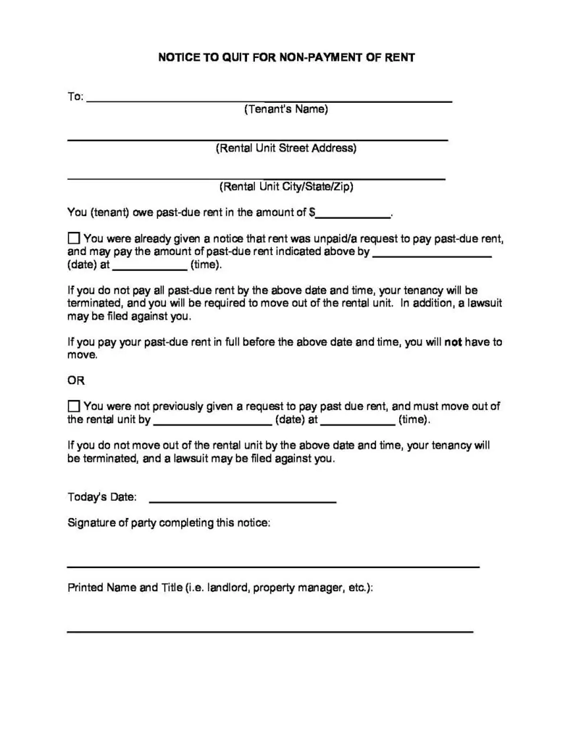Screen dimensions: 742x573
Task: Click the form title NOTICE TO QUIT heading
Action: coord(286,57)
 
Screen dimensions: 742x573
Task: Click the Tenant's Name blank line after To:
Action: coord(269,99)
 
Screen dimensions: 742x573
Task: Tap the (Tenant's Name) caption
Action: coord(285,109)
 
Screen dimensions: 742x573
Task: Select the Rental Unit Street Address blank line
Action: coord(257,138)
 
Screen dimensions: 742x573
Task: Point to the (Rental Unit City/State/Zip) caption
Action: coord(286,186)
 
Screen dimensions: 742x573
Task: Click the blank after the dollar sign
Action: coord(353,215)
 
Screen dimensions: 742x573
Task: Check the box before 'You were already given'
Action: coord(74,238)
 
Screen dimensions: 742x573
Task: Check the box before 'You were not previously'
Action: coord(74,407)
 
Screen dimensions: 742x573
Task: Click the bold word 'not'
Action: coord(453,342)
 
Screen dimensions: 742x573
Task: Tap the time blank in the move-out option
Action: coord(358,422)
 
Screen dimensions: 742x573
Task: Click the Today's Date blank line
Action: coord(242,500)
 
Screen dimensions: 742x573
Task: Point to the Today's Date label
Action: coord(101,497)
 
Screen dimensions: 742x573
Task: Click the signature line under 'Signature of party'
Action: coord(273,565)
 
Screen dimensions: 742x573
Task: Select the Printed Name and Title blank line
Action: coord(269,631)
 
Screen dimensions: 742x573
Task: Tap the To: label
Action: coord(75,96)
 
